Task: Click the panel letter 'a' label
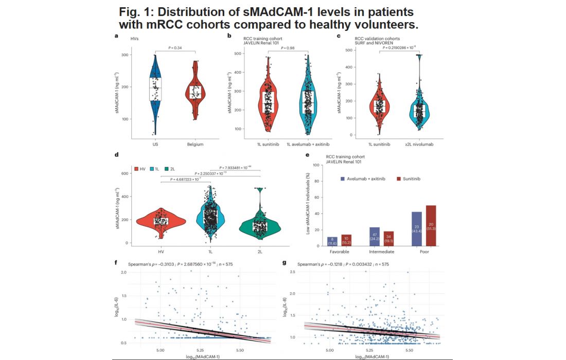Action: point(116,36)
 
